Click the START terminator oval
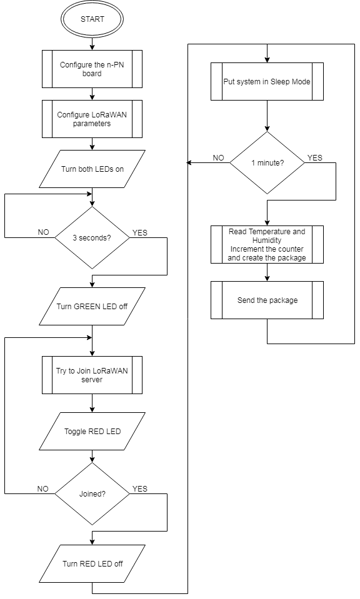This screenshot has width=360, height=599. pos(92,19)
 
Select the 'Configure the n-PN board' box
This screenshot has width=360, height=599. pos(92,69)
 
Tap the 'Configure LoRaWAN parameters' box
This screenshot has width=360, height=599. pos(92,119)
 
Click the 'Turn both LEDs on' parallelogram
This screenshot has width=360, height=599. pos(92,169)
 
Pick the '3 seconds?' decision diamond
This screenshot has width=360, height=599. pos(92,237)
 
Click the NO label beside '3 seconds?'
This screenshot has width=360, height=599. pos(44,232)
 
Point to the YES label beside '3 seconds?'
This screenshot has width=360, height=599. pos(140,232)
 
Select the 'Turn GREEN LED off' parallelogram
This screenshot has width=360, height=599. pos(92,307)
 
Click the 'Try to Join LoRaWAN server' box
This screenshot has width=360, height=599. pos(92,375)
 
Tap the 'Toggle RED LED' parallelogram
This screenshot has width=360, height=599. pos(92,432)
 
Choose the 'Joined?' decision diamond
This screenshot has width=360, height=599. pos(92,493)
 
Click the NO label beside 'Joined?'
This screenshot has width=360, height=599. pos(42,488)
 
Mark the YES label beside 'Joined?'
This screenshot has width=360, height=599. pos(140,488)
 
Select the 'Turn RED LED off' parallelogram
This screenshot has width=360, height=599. pos(92,563)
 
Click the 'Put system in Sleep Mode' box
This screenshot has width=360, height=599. pos(267,81)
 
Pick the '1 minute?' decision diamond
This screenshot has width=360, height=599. pos(267,163)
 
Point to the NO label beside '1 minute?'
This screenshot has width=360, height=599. pos(218,158)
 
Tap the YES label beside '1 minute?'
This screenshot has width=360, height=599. pos(315,158)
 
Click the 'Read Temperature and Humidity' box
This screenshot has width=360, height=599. pos(267,244)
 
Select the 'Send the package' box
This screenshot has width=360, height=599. pos(267,300)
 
